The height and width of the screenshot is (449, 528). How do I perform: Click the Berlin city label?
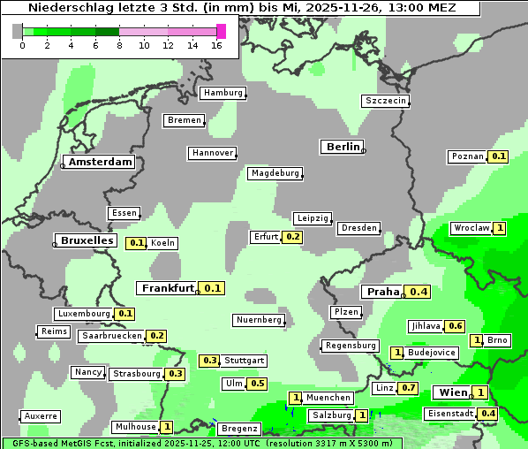[343, 147]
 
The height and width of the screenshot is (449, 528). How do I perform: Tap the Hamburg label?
[223, 93]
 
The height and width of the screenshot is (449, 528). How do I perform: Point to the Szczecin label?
[386, 101]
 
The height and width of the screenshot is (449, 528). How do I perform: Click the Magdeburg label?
[275, 173]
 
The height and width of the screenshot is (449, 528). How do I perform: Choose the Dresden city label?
[359, 228]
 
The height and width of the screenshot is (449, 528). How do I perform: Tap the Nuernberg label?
[260, 320]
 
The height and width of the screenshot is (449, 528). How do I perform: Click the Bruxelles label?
[86, 240]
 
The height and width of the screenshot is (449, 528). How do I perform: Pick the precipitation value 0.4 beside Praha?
[418, 292]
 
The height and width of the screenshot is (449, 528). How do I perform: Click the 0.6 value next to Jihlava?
[455, 326]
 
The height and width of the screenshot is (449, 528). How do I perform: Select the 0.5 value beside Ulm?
[257, 384]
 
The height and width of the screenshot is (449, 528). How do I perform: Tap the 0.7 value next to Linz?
[408, 388]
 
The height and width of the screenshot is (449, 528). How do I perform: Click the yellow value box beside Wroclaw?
[500, 228]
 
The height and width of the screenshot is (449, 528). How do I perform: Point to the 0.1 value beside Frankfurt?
[212, 288]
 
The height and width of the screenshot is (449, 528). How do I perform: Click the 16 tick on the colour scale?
[217, 46]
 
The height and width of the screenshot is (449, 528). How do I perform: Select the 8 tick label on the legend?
[119, 46]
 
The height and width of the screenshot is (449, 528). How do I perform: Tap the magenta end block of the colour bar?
[221, 32]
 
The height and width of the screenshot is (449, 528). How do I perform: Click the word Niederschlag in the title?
[64, 7]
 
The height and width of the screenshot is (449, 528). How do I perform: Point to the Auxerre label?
[41, 415]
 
